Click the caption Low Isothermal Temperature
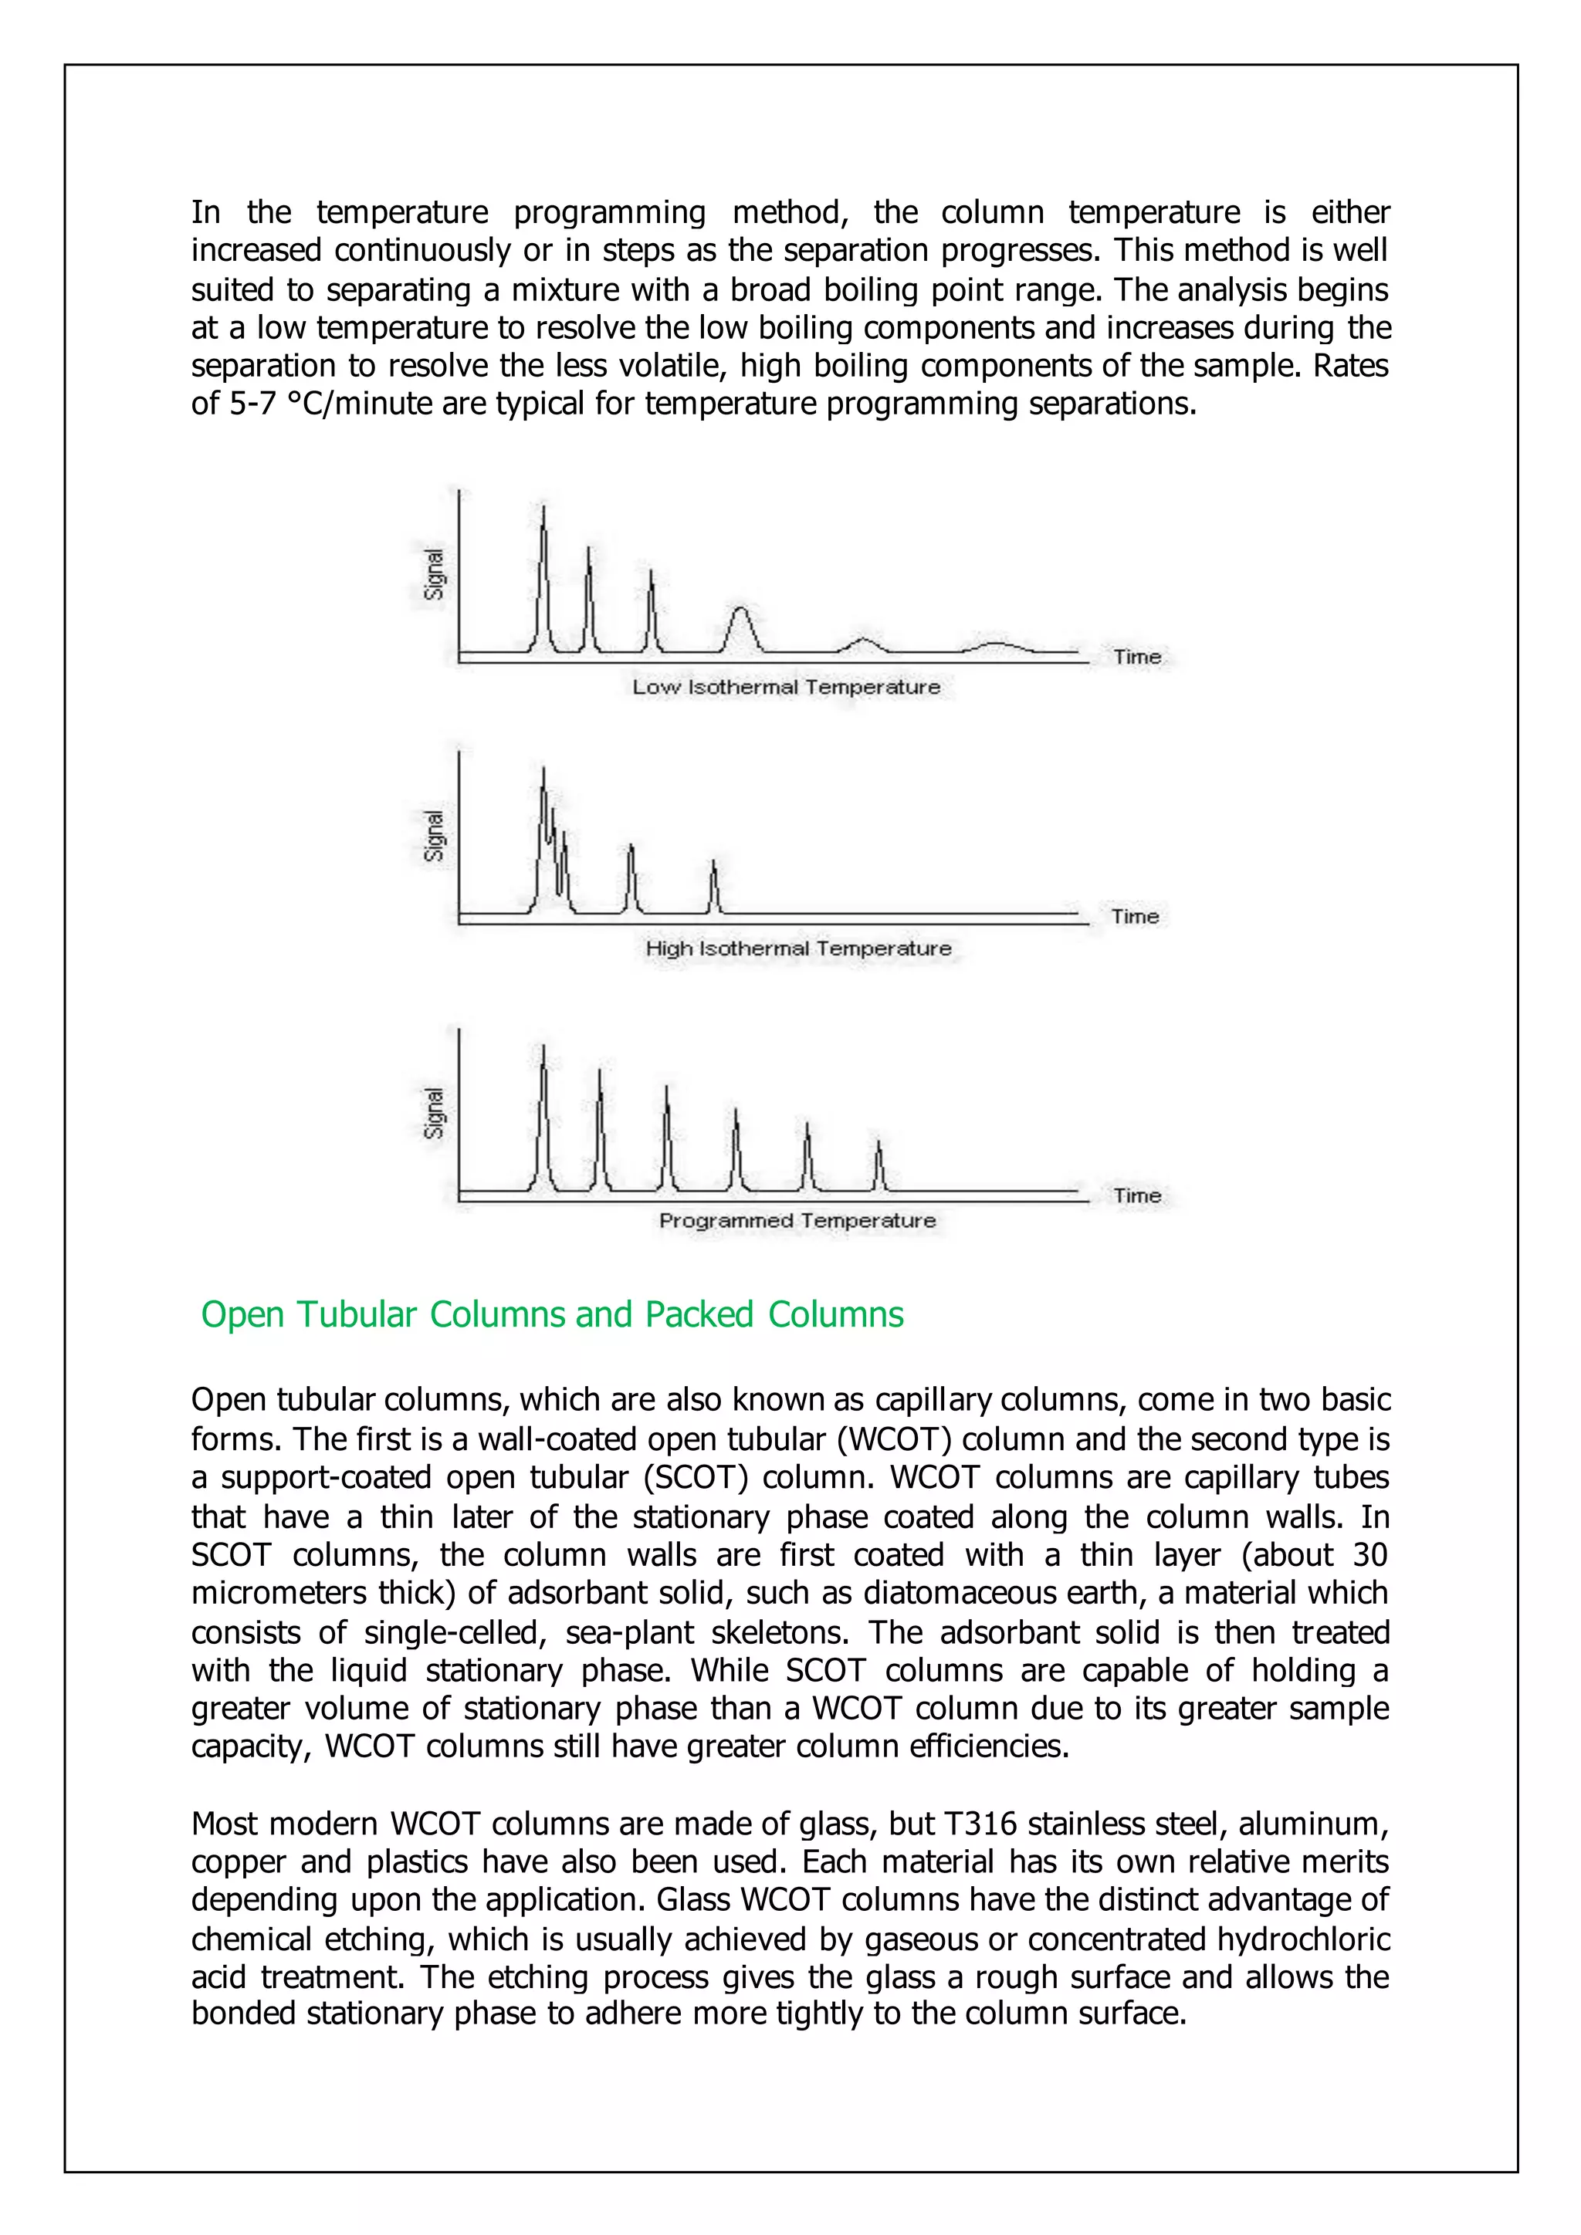coord(787,687)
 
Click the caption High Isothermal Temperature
coord(798,948)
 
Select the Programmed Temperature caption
coord(797,1221)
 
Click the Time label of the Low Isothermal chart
coord(1137,657)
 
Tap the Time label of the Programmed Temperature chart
coord(1137,1195)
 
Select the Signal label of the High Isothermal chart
coord(434,835)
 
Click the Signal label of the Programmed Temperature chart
coord(434,1113)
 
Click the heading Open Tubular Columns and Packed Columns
coord(552,1315)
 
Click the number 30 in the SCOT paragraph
coord(1369,1554)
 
